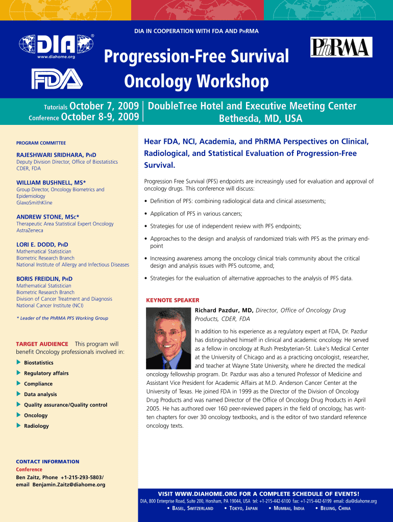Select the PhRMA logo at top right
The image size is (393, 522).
341,47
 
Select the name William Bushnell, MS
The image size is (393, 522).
51,182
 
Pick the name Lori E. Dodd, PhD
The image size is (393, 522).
42,244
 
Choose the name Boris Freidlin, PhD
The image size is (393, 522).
44,279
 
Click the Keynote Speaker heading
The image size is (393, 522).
173,300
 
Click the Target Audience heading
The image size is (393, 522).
42,344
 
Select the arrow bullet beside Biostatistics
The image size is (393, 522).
19,362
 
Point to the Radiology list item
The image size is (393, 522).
36,426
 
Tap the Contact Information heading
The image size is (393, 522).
47,462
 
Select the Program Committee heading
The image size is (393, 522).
41,143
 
